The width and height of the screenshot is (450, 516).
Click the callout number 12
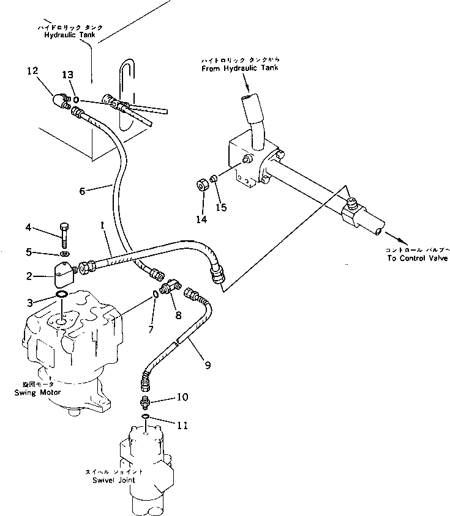click(x=32, y=72)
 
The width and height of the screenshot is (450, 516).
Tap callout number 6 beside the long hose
click(x=83, y=190)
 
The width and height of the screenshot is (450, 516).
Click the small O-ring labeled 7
click(x=156, y=294)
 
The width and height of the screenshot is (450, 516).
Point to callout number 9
click(x=208, y=365)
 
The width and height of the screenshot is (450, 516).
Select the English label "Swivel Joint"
click(x=114, y=480)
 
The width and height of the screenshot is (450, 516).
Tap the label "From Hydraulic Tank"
click(x=239, y=68)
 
